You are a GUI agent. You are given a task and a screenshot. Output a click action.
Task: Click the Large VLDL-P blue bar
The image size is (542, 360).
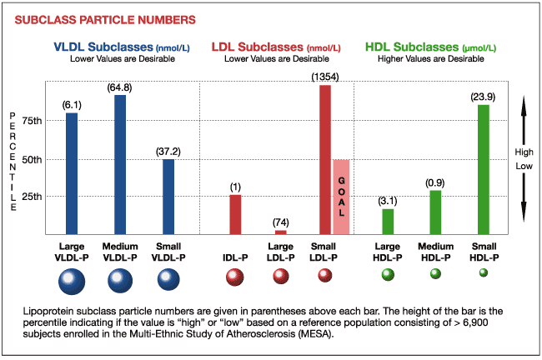pyautogui.click(x=72, y=172)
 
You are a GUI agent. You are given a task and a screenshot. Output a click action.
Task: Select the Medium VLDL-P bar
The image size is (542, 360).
pyautogui.click(x=120, y=164)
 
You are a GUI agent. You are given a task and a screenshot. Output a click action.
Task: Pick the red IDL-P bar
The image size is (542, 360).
pyautogui.click(x=235, y=214)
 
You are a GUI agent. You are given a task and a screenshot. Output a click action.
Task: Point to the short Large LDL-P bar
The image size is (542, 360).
pyautogui.click(x=281, y=232)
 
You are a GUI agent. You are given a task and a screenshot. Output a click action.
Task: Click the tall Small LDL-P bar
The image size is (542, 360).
pyautogui.click(x=325, y=159)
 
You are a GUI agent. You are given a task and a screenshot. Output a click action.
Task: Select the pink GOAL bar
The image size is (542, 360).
pyautogui.click(x=341, y=197)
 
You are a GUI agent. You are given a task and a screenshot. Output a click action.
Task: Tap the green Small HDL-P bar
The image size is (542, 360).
pyautogui.click(x=484, y=169)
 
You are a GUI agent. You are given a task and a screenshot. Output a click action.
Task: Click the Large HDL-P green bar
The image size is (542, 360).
pyautogui.click(x=388, y=221)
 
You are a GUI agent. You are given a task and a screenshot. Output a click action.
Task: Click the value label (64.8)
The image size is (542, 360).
pyautogui.click(x=120, y=87)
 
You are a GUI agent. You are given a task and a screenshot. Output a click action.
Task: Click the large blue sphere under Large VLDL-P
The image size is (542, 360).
pyautogui.click(x=72, y=284)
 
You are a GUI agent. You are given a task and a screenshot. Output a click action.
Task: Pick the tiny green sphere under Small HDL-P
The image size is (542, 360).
pyautogui.click(x=484, y=272)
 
